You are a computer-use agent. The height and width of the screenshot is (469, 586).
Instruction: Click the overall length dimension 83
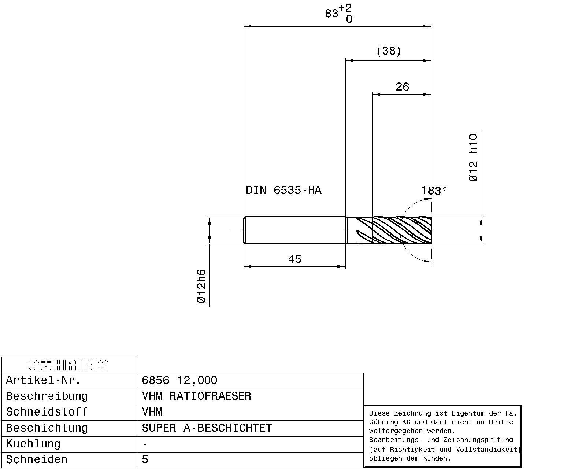(331, 13)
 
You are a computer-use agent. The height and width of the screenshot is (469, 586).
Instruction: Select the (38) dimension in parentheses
(389, 51)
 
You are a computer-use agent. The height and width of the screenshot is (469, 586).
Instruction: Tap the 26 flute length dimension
(402, 87)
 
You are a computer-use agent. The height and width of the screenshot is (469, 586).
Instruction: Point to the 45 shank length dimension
(294, 259)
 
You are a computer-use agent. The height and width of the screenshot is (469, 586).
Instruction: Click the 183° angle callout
(434, 191)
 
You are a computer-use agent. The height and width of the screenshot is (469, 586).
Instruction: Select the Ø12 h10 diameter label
(473, 158)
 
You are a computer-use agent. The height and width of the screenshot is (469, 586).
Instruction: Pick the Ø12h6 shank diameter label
(201, 286)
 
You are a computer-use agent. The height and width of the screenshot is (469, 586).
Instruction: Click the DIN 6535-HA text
(283, 190)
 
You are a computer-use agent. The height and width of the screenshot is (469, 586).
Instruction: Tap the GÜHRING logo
(68, 365)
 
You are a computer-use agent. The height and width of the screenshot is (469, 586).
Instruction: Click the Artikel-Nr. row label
(43, 380)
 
